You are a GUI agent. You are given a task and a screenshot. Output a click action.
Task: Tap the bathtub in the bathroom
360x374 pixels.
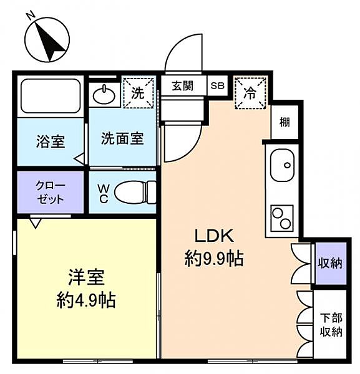pyautogui.click(x=51, y=96)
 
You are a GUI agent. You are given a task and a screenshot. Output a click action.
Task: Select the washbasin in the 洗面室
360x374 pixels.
pyautogui.click(x=104, y=95)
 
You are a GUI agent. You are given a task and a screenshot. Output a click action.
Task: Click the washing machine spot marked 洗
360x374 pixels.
pyautogui.click(x=139, y=93)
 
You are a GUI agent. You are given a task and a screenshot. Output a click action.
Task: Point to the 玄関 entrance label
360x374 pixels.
pyautogui.click(x=183, y=86)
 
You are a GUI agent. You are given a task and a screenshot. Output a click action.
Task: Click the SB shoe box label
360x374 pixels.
pyautogui.click(x=218, y=85)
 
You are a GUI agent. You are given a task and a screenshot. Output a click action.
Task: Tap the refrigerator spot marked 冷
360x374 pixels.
pyautogui.click(x=250, y=93)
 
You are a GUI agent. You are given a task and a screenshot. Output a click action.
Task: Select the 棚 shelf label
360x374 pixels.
pyautogui.click(x=285, y=122)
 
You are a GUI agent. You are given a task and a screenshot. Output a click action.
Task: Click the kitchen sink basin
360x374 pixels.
pyautogui.click(x=282, y=165)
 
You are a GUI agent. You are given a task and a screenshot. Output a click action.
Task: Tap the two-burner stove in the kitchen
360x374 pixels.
pyautogui.click(x=282, y=218)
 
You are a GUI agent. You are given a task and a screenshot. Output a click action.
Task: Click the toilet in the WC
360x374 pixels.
pyautogui.click(x=135, y=192)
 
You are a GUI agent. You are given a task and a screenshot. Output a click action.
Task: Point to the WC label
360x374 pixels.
pyautogui.click(x=104, y=193)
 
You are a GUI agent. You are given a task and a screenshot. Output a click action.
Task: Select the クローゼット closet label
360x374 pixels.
pyautogui.click(x=51, y=192)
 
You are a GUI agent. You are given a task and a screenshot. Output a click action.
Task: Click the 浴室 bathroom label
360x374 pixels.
pyautogui.click(x=51, y=141)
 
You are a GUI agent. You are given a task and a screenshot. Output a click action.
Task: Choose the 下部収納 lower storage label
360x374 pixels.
pyautogui.click(x=331, y=325)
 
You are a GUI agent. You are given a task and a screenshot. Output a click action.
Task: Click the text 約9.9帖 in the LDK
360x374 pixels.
pyautogui.click(x=213, y=259)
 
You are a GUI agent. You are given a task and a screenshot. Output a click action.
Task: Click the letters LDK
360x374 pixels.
pyautogui.click(x=214, y=236)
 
